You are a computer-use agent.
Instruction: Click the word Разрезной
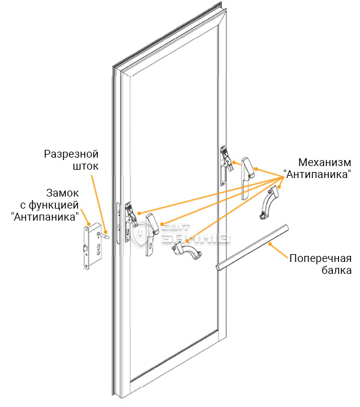pos(71,155)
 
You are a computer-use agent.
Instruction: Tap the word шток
pos(85,166)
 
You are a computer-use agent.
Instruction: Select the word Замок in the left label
pos(62,193)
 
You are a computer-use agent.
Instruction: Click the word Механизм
pos(325,162)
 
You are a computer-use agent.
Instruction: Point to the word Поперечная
pos(320,258)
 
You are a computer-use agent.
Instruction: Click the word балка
pos(337,270)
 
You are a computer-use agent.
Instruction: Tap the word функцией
pos(53,205)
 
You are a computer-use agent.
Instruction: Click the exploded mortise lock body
pos(92,246)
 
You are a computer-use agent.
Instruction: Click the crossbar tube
pos(252,248)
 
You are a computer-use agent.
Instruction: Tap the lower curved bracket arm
pos(187,250)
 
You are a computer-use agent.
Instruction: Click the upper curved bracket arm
pos(268,203)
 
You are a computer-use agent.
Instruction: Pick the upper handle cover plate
pos(247,178)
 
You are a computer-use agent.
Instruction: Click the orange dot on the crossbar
pos(270,244)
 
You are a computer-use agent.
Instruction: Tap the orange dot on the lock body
pos(89,224)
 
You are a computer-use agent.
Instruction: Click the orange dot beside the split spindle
pos(106,232)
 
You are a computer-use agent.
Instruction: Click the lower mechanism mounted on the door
pos(130,222)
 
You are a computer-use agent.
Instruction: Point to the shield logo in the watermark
pos(140,233)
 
